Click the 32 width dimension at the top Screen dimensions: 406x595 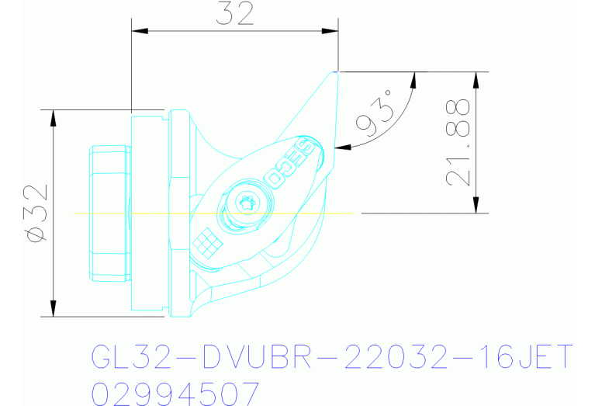(x=235, y=14)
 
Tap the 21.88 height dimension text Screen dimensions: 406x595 (x=458, y=142)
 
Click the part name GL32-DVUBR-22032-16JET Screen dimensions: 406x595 (x=333, y=358)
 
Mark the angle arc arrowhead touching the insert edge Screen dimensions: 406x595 (x=341, y=146)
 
